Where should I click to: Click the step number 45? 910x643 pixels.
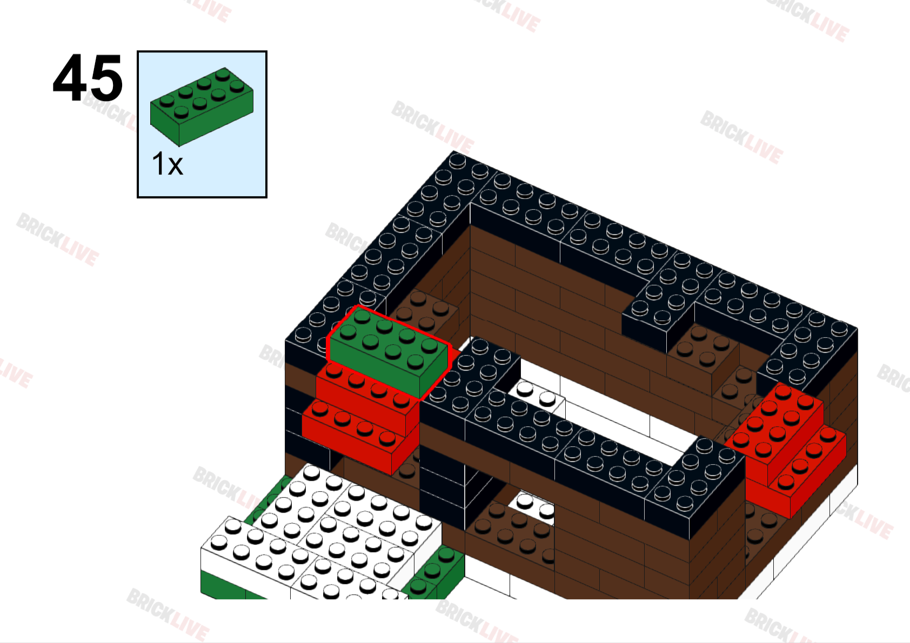88,78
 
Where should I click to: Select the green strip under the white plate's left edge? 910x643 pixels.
222,586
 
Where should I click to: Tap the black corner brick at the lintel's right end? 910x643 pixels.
697,486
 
